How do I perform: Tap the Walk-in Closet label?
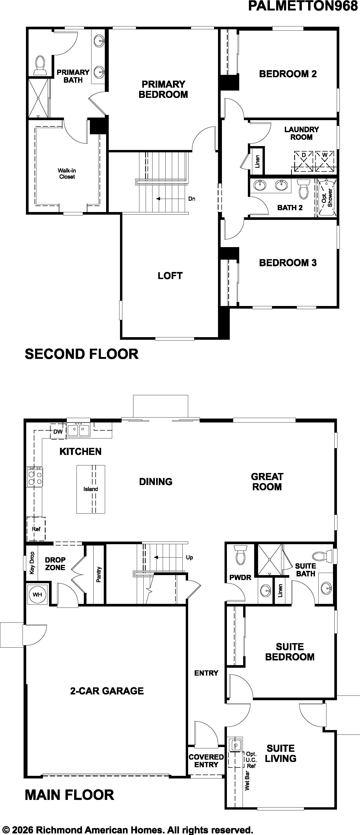[67, 174]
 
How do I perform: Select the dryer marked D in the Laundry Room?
[304, 161]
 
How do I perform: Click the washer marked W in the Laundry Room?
[325, 161]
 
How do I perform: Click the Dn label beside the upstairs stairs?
[192, 199]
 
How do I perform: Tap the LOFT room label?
[170, 276]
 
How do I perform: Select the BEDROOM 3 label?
[288, 263]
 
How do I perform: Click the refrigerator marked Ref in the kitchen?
[36, 529]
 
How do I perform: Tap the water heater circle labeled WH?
[37, 594]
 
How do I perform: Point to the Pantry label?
[99, 574]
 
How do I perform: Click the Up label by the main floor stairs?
[189, 557]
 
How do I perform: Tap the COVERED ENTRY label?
[206, 760]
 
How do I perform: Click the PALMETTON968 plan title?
[303, 6]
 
